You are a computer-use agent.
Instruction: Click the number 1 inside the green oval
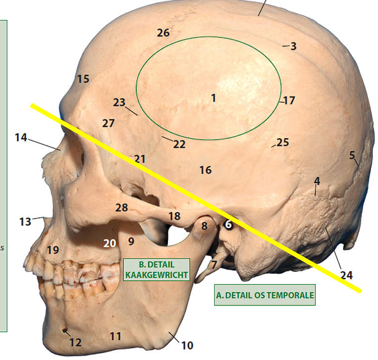pos(214,98)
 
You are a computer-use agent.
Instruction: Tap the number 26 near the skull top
pos(163,33)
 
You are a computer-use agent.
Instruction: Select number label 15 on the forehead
pos(83,79)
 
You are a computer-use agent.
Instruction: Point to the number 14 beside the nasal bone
pos(21,137)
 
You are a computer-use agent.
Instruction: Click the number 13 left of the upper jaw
pos(25,222)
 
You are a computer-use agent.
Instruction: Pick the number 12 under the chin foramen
pos(75,343)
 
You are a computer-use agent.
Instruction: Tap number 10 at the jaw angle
pos(187,345)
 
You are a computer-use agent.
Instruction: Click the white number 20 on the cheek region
pos(109,243)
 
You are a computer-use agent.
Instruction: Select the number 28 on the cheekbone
pos(122,208)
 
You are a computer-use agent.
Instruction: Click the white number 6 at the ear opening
pos(228,224)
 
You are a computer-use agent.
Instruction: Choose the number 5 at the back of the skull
pos(352,155)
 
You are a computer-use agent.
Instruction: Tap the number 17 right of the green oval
pos(289,101)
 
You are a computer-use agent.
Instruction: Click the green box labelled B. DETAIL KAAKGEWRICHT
pos(157,270)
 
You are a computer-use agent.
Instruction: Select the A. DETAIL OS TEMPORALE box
pos(265,295)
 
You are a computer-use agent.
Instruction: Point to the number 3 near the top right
pos(293,47)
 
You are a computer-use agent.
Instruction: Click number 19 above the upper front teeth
pos(53,250)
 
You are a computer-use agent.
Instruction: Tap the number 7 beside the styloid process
pos(214,264)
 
